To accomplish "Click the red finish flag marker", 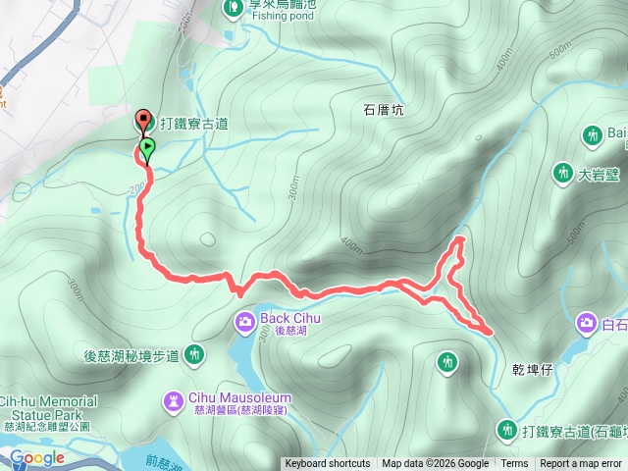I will (x=144, y=121).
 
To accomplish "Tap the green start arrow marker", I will (x=146, y=149).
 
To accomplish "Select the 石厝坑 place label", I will (x=384, y=111).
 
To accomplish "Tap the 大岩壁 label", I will (x=596, y=177).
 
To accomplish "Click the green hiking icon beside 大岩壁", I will (x=562, y=173).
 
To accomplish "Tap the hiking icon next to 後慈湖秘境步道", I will (x=196, y=353).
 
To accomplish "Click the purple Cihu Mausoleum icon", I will (x=174, y=400).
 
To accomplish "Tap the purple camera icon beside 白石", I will (x=587, y=323).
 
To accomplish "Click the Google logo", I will (x=37, y=457).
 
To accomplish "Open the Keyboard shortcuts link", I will (x=328, y=464).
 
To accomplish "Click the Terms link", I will (x=514, y=464).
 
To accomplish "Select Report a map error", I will (x=581, y=464).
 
